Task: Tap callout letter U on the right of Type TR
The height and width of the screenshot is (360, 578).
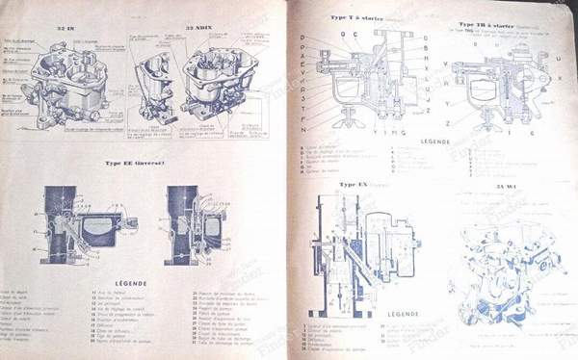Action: click(560, 58)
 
